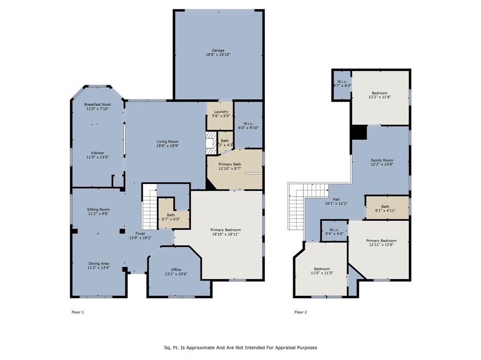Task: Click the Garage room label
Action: pyautogui.click(x=217, y=50)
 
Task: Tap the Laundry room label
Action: pyautogui.click(x=220, y=112)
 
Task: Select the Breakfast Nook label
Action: pyautogui.click(x=98, y=104)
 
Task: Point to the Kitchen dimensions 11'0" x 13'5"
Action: pyautogui.click(x=98, y=158)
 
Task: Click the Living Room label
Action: pyautogui.click(x=167, y=141)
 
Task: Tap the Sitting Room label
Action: pyautogui.click(x=98, y=209)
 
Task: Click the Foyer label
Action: pyautogui.click(x=140, y=233)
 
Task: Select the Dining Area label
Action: pyautogui.click(x=98, y=263)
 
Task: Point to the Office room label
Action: pyautogui.click(x=176, y=269)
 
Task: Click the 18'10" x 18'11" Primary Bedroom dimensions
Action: pyautogui.click(x=225, y=234)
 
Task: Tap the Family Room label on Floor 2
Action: pyautogui.click(x=382, y=160)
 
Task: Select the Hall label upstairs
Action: pyautogui.click(x=336, y=199)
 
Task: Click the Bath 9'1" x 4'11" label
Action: pyautogui.click(x=385, y=207)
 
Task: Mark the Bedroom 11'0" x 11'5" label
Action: pyautogui.click(x=322, y=269)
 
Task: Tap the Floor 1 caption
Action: pyautogui.click(x=78, y=312)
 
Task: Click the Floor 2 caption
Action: pyautogui.click(x=301, y=312)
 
